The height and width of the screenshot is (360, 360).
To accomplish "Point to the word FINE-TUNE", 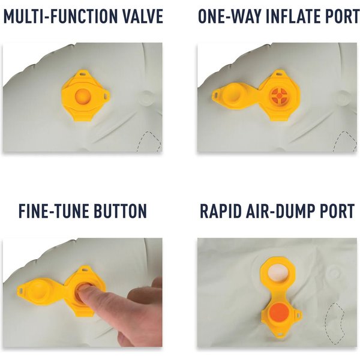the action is click(54, 211).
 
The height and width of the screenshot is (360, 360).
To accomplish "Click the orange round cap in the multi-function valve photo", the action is click(83, 96).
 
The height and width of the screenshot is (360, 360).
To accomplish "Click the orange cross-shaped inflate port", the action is click(279, 95).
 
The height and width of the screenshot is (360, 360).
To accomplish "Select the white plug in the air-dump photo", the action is click(277, 273).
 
